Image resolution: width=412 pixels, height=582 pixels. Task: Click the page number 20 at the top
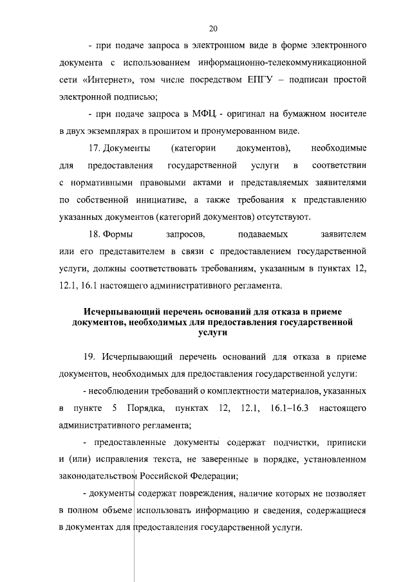click(214, 28)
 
